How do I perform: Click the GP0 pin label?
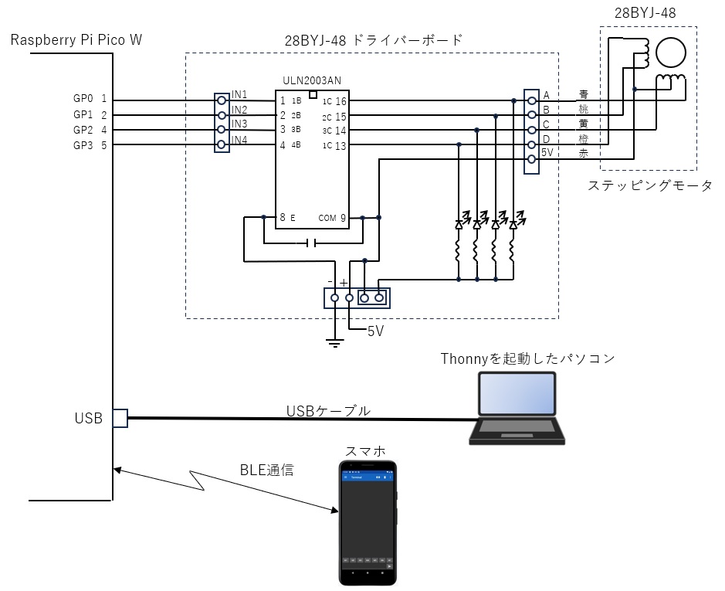pyautogui.click(x=83, y=100)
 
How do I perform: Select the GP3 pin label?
pyautogui.click(x=83, y=144)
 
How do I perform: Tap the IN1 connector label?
pyautogui.click(x=239, y=94)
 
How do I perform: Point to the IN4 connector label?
pyautogui.click(x=239, y=140)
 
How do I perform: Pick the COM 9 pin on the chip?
pyautogui.click(x=332, y=218)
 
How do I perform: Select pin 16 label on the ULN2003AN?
pyautogui.click(x=340, y=100)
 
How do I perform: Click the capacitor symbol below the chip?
pyautogui.click(x=310, y=243)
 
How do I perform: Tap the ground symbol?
pyautogui.click(x=334, y=341)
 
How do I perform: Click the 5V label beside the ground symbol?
pyautogui.click(x=375, y=331)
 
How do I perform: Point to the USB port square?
pyautogui.click(x=120, y=418)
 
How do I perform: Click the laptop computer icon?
pyautogui.click(x=516, y=408)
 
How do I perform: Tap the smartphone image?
pyautogui.click(x=368, y=523)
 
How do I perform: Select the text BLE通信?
pyautogui.click(x=266, y=469)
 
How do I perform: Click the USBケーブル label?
pyautogui.click(x=328, y=411)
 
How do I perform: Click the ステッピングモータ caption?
pyautogui.click(x=650, y=185)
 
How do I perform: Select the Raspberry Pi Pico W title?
pyautogui.click(x=76, y=39)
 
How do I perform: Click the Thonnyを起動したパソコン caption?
pyautogui.click(x=527, y=358)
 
